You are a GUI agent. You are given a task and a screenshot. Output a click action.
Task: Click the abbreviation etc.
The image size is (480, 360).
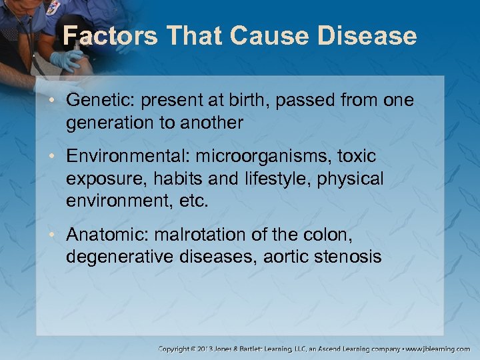[195, 201]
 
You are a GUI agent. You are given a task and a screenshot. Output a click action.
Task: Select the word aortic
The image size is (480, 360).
[267, 257]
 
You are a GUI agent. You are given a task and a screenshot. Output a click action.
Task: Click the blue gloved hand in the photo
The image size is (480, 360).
[66, 61]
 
